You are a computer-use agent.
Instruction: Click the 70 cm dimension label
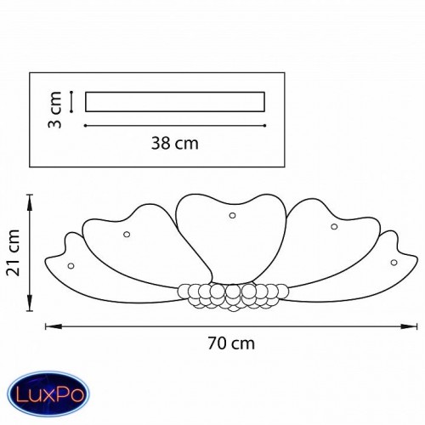pyautogui.click(x=231, y=343)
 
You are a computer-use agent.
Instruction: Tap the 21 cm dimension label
pyautogui.click(x=14, y=253)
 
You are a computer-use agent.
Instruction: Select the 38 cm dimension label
pyautogui.click(x=175, y=143)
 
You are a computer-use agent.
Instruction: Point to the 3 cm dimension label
pyautogui.click(x=55, y=110)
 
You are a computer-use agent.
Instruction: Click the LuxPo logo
pyautogui.click(x=48, y=394)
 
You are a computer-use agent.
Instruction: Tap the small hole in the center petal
pyautogui.click(x=232, y=215)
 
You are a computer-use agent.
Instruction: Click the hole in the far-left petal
pyautogui.click(x=71, y=266)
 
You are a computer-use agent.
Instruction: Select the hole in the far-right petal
pyautogui.click(x=394, y=263)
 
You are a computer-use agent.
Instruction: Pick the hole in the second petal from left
pyautogui.click(x=127, y=235)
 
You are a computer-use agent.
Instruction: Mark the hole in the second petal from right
pyautogui.click(x=334, y=226)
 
